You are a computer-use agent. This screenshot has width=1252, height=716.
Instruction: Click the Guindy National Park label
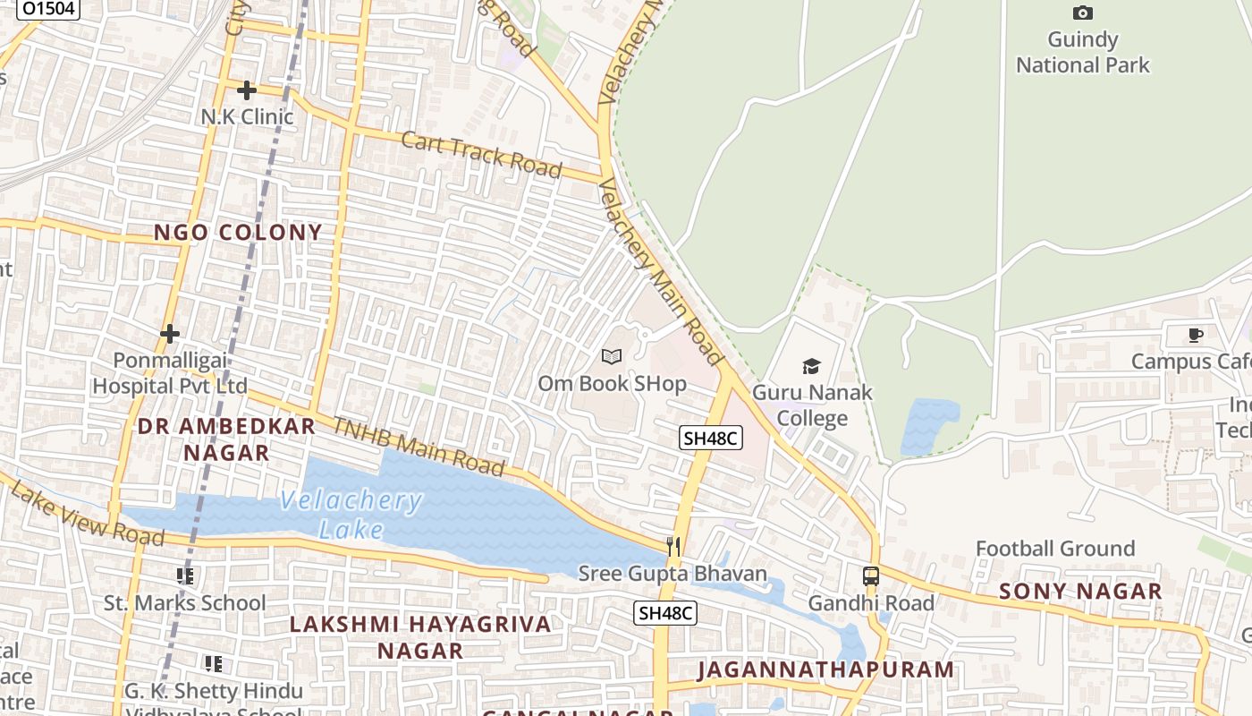tap(1082, 52)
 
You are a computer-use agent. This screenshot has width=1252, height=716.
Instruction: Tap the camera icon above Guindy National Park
tap(1082, 13)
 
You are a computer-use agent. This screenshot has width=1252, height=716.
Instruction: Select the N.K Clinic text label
tap(247, 116)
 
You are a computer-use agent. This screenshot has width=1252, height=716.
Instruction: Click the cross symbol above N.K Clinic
tap(247, 90)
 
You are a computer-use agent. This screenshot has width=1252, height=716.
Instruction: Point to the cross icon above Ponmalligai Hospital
tap(170, 334)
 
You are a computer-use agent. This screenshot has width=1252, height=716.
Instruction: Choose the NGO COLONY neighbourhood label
tap(238, 233)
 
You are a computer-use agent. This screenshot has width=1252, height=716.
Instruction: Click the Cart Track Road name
tap(481, 155)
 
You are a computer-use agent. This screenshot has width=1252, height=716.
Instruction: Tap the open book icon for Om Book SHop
tap(612, 357)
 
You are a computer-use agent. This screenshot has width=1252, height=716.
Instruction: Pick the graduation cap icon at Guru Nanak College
tap(811, 365)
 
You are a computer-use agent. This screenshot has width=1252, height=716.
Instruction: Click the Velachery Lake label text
tap(351, 515)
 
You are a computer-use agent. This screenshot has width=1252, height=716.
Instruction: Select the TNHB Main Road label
tap(419, 445)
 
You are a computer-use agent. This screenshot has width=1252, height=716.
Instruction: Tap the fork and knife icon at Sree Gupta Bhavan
tap(673, 546)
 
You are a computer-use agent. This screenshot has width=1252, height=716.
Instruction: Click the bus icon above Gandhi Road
tap(870, 576)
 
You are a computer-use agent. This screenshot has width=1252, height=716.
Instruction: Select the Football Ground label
tap(1055, 549)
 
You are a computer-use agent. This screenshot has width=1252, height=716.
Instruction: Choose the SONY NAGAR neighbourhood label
tap(1080, 591)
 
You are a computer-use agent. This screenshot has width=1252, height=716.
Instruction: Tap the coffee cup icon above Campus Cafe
tap(1195, 336)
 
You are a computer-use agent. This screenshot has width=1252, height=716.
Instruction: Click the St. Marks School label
tap(185, 603)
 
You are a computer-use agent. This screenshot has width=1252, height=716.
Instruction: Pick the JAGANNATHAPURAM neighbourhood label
tap(825, 669)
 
